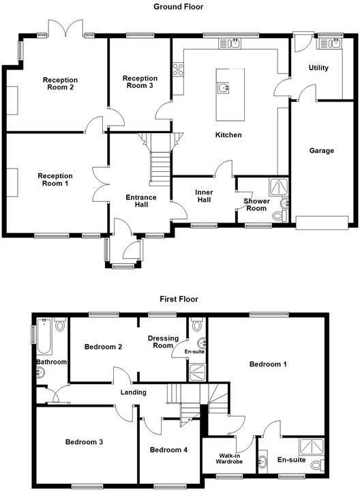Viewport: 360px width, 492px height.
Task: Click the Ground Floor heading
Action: coord(179,6)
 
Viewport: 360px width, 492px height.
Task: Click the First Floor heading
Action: coord(179,298)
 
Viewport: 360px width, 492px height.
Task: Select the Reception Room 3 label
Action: coord(140,82)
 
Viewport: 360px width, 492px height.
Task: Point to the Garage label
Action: coord(321,151)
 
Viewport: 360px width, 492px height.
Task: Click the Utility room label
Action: coord(318,68)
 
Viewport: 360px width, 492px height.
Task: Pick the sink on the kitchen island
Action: coord(224,87)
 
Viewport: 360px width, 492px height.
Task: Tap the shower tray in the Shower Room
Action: coord(279,186)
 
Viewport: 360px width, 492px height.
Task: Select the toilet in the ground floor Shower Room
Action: coord(277,216)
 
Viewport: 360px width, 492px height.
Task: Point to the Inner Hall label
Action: coord(204,196)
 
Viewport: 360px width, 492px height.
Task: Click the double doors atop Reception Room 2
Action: coord(63,29)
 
